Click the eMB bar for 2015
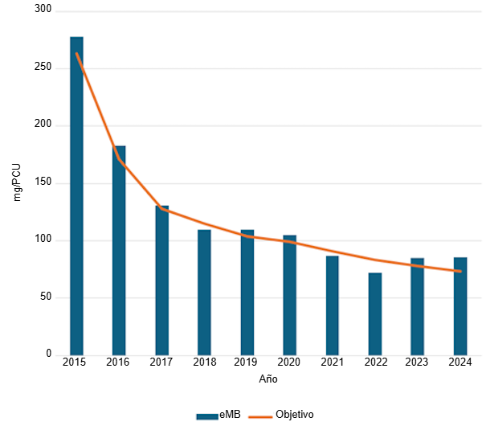pos(76,195)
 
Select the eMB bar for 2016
pos(119,250)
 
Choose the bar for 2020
pos(289,294)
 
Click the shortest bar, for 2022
pos(375,313)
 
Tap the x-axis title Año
pos(268,379)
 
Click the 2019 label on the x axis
pos(247,362)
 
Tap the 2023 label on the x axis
pos(418,362)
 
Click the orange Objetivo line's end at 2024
pos(460,271)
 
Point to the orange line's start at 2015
pos(76,53)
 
